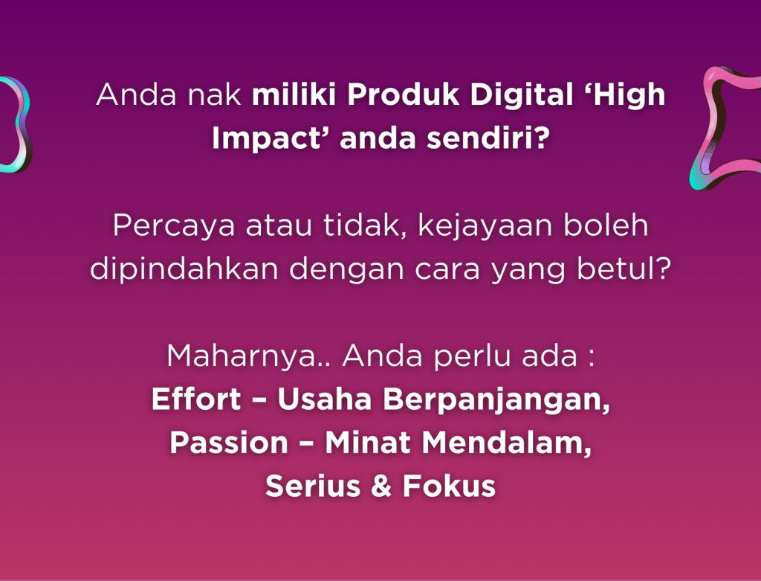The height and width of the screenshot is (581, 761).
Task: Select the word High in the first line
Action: (x=629, y=97)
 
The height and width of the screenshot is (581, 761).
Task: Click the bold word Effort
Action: (x=196, y=399)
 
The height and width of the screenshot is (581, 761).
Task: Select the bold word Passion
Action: (x=228, y=443)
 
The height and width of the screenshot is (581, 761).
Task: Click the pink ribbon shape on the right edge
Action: (x=725, y=126)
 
